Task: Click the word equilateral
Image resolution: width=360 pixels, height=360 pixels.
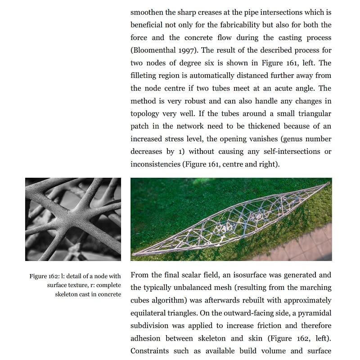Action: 150,313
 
